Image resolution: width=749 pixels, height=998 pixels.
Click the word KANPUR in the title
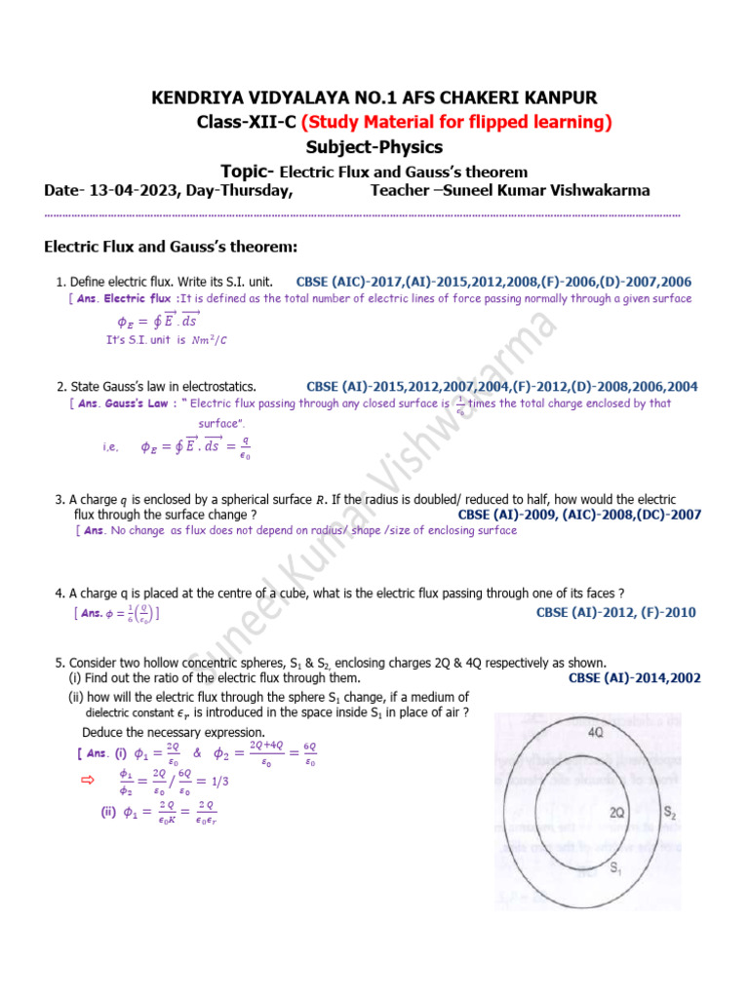(556, 97)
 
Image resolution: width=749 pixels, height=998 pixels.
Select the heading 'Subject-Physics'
(374, 147)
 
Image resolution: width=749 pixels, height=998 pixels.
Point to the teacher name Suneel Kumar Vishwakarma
(546, 190)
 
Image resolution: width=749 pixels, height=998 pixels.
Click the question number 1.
(60, 282)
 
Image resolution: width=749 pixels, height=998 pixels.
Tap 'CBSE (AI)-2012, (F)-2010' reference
(616, 613)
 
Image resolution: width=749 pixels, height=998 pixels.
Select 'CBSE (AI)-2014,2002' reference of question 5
(634, 678)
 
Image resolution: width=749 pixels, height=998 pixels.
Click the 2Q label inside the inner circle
(616, 812)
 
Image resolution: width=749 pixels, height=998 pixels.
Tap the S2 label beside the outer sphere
(671, 811)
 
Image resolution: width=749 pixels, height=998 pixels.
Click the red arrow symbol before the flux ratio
(85, 780)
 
